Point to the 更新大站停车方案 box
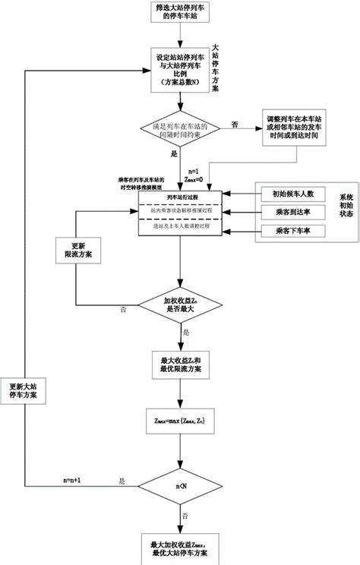[x=27, y=390]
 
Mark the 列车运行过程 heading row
[x=181, y=196]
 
